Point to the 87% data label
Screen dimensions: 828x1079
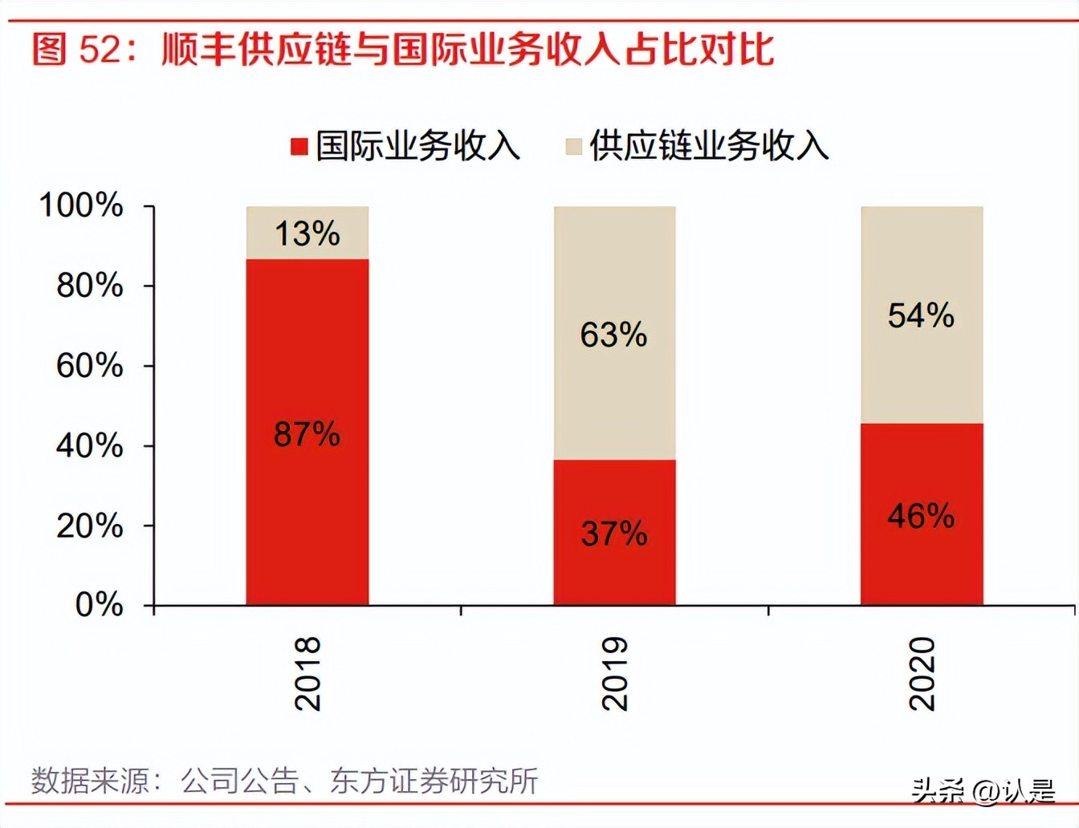click(307, 434)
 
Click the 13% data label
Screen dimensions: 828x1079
click(307, 233)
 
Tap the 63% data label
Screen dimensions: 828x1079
click(614, 335)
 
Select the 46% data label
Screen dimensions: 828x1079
click(921, 516)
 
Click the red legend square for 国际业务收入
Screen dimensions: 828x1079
click(299, 147)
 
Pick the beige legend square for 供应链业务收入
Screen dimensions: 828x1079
click(574, 147)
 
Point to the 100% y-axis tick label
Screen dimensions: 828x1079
click(81, 205)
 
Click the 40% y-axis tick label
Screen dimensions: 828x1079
click(89, 445)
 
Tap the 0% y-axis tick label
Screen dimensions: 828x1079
click(99, 604)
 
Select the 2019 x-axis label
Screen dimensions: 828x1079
click(615, 674)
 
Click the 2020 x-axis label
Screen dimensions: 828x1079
click(922, 674)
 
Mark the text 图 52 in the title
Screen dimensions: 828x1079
click(76, 49)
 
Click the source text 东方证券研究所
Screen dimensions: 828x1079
click(434, 781)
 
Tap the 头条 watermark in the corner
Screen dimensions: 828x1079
click(938, 791)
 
